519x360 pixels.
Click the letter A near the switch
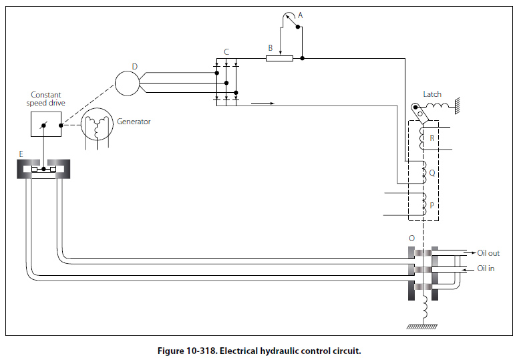[x=300, y=15]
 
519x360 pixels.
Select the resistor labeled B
[x=279, y=58]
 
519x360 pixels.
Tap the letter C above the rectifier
[x=226, y=52]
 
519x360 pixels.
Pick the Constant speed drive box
[x=46, y=124]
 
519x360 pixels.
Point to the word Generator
[x=134, y=122]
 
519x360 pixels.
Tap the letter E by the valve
[x=21, y=154]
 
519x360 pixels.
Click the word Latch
[x=432, y=94]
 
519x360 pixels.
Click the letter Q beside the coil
[x=432, y=172]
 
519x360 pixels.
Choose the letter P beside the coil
[x=432, y=206]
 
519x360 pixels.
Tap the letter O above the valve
[x=411, y=238]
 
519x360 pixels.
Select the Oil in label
[x=486, y=268]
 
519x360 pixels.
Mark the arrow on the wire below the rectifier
[x=264, y=104]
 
